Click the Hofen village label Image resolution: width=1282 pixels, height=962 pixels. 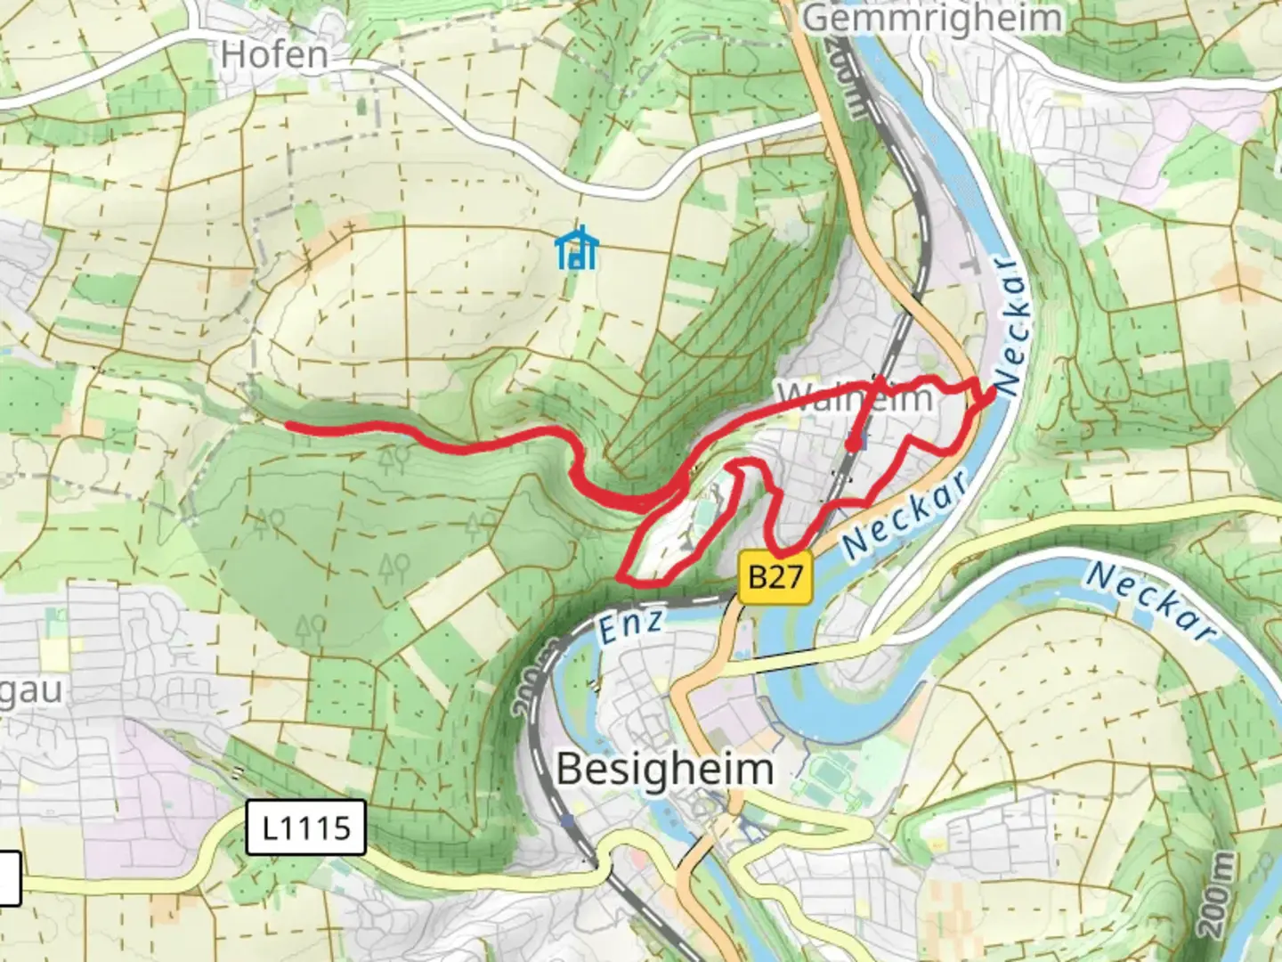pos(274,55)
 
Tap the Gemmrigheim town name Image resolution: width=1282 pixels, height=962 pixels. pos(932,18)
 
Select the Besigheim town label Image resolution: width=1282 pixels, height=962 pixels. pos(664,769)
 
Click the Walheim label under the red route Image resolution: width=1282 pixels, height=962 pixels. pos(855,396)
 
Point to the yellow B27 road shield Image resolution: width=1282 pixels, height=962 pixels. pos(775,577)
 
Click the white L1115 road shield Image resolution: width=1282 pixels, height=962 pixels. pos(305,827)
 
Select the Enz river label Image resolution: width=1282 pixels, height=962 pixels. pos(629,625)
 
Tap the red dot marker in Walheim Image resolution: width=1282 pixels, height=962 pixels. pos(853,443)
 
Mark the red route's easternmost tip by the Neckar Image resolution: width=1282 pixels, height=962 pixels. pos(994,395)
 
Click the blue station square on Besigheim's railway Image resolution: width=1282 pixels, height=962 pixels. pos(567,820)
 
